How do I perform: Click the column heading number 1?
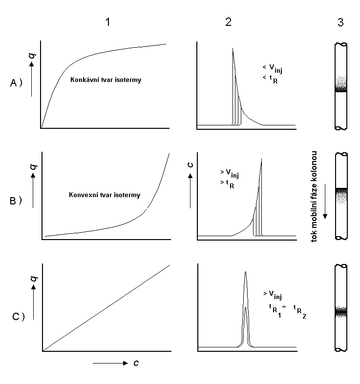point(107,22)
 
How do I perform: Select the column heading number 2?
point(228,22)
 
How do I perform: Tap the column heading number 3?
point(340,22)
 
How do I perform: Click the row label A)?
point(16,83)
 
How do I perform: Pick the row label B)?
point(16,201)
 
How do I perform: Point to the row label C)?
point(19,317)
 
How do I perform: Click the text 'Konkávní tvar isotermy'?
point(106,80)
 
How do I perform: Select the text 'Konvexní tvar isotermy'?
point(105,195)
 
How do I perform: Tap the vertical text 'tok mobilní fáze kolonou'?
point(314,197)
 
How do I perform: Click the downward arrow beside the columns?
point(325,202)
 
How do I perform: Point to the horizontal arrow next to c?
point(110,363)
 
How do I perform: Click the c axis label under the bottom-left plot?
point(136,363)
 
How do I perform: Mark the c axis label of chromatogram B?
point(190,164)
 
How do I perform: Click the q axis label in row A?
point(32,56)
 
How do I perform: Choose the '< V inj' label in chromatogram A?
point(272,69)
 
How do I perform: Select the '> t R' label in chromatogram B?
point(227,184)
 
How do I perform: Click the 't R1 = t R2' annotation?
point(287,310)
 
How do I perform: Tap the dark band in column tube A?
point(341,90)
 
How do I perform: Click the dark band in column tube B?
point(341,190)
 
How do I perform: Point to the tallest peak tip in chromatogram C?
point(246,272)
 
